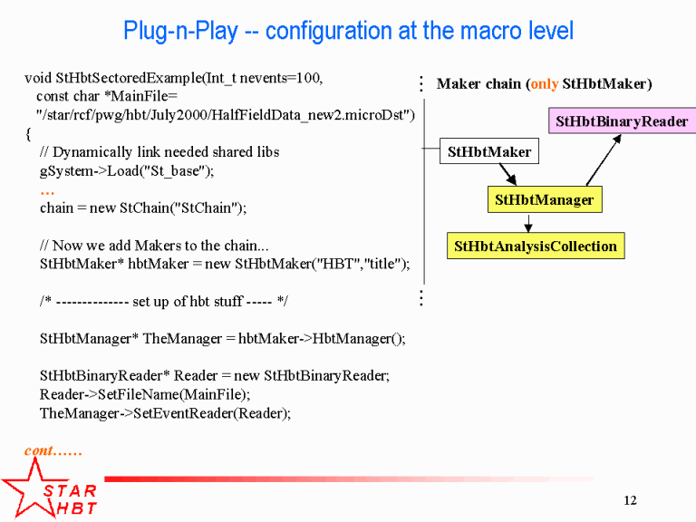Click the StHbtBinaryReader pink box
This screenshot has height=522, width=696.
click(x=623, y=121)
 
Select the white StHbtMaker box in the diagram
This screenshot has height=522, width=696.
click(x=489, y=151)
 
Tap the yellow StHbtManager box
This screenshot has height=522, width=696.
click(x=545, y=199)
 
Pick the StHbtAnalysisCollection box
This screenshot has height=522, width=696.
click(x=536, y=246)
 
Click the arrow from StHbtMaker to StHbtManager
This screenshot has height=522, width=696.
click(x=507, y=174)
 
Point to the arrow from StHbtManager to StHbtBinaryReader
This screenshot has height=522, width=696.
click(x=604, y=159)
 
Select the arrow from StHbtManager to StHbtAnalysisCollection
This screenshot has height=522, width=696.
click(x=528, y=223)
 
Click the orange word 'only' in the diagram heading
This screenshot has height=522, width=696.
click(x=544, y=84)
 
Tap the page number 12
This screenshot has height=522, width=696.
click(x=630, y=500)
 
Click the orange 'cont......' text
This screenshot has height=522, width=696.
click(x=53, y=451)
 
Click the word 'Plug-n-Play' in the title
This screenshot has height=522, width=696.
click(x=180, y=31)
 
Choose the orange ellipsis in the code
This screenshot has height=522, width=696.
click(x=47, y=192)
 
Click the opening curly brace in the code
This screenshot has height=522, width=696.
click(x=28, y=133)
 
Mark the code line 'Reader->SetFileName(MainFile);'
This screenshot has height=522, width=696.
click(x=145, y=394)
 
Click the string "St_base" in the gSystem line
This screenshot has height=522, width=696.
click(x=174, y=171)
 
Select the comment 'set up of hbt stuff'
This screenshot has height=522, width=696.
click(x=188, y=302)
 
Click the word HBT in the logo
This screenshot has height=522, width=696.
click(x=77, y=508)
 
